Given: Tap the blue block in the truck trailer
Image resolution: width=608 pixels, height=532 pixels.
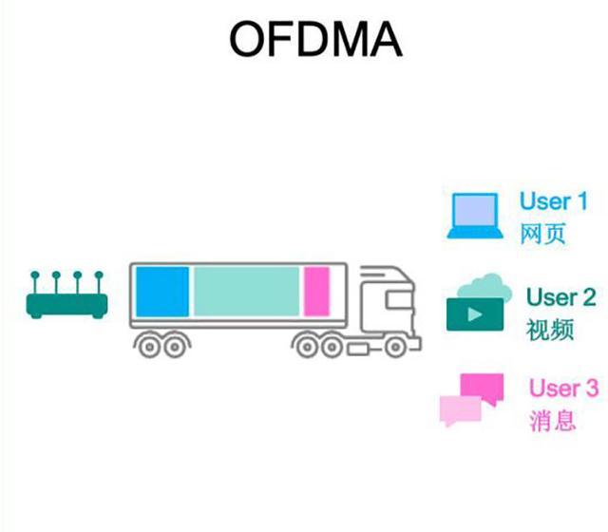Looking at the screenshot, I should point(161,291).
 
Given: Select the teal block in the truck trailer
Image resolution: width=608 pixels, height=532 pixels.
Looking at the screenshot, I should point(246,291).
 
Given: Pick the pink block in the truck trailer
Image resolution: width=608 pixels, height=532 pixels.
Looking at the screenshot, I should point(315,291).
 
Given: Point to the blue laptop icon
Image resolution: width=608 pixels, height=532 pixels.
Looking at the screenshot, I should point(475,217).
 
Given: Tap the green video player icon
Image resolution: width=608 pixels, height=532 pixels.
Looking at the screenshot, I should point(475,313).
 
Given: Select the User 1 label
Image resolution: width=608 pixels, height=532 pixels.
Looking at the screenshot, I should point(553,201).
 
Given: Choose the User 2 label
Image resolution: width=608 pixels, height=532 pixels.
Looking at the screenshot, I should point(560,297).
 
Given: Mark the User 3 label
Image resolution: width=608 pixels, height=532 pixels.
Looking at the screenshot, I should point(563,389).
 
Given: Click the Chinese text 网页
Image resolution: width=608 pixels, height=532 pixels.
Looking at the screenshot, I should point(542,234).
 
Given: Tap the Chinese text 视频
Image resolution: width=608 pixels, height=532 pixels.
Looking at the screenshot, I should point(549,330).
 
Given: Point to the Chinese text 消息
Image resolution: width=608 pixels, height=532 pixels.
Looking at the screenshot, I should point(552,421).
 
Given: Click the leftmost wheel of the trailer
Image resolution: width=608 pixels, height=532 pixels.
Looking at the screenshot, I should point(149,346).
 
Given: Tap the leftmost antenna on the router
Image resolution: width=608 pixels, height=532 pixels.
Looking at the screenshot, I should point(36,280).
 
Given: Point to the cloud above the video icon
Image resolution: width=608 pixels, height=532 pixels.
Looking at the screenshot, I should point(480,284).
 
